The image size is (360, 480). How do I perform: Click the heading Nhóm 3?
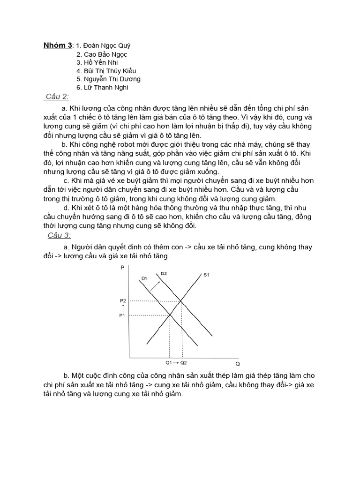click(x=58, y=45)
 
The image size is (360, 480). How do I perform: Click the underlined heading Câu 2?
click(x=58, y=97)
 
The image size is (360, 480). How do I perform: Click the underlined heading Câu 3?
click(x=60, y=235)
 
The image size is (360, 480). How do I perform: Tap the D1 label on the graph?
click(x=144, y=278)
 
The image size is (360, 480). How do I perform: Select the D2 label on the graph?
click(x=164, y=273)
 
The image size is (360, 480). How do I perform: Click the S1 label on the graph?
click(x=206, y=275)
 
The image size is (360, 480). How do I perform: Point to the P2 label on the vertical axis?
click(x=123, y=300)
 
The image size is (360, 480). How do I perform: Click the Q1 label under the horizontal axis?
click(x=169, y=363)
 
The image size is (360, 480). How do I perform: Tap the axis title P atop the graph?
click(x=122, y=268)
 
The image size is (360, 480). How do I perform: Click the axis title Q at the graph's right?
click(x=238, y=364)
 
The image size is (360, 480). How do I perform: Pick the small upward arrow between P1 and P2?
click(x=123, y=308)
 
